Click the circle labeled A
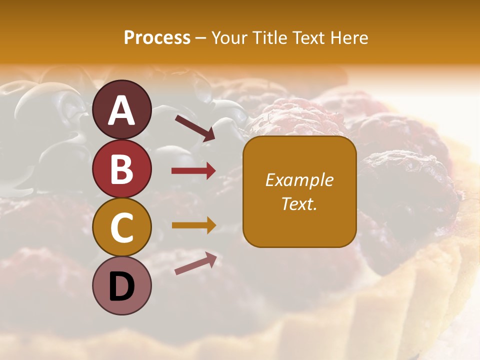click(121, 109)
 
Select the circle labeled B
click(121, 168)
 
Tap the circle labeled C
click(121, 227)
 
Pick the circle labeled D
click(121, 286)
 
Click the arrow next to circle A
click(194, 127)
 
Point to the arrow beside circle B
click(193, 171)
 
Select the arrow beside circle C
click(193, 225)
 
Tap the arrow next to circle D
click(195, 263)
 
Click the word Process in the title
click(157, 37)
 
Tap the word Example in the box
click(299, 180)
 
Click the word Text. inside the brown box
click(299, 203)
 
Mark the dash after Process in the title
click(200, 38)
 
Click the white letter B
click(121, 169)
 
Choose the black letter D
click(121, 287)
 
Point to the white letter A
click(121, 110)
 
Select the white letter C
click(121, 228)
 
